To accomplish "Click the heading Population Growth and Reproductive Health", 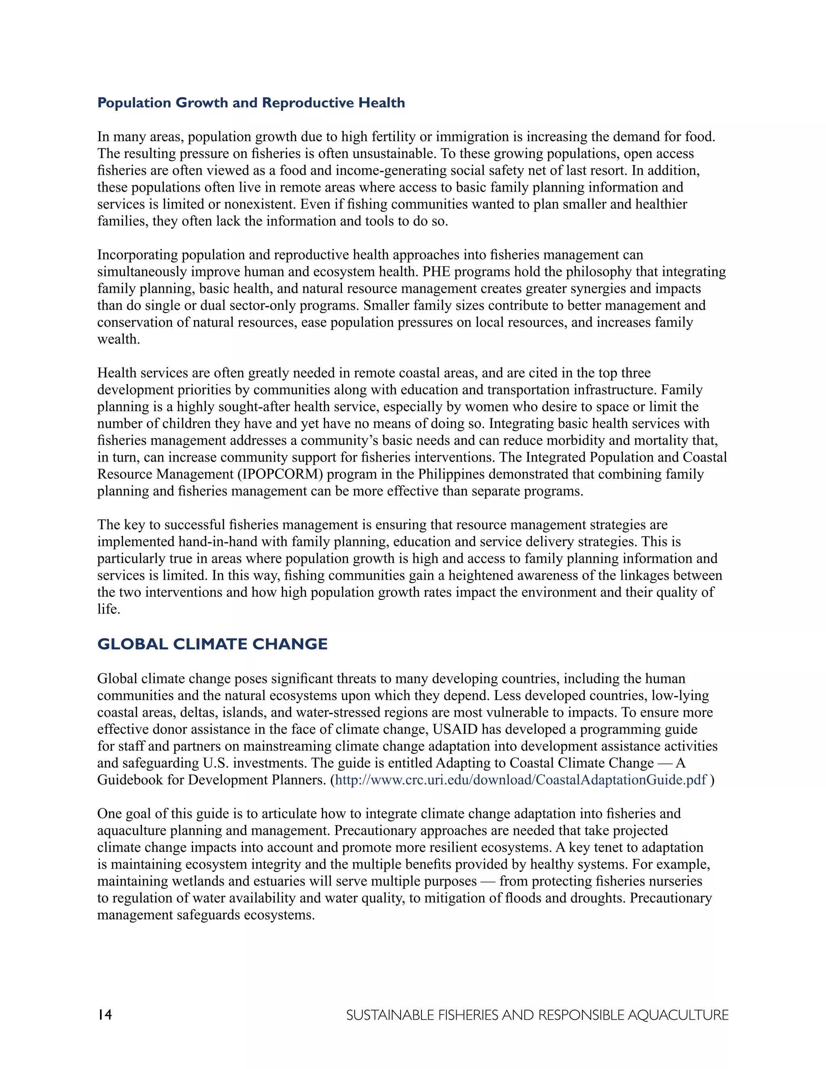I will click(x=251, y=103).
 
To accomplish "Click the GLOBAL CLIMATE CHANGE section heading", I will click(x=213, y=644).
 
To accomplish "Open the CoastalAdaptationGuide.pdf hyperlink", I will click(x=521, y=780).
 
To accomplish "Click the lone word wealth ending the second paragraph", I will click(x=119, y=339).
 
